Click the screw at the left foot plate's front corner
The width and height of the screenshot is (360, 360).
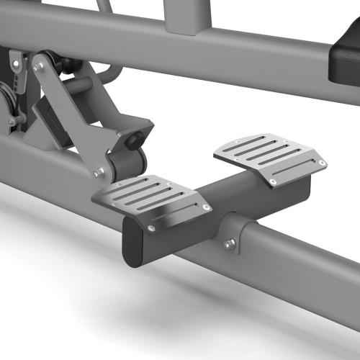pyautogui.click(x=151, y=228)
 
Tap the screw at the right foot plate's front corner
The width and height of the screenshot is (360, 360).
pyautogui.click(x=274, y=183)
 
